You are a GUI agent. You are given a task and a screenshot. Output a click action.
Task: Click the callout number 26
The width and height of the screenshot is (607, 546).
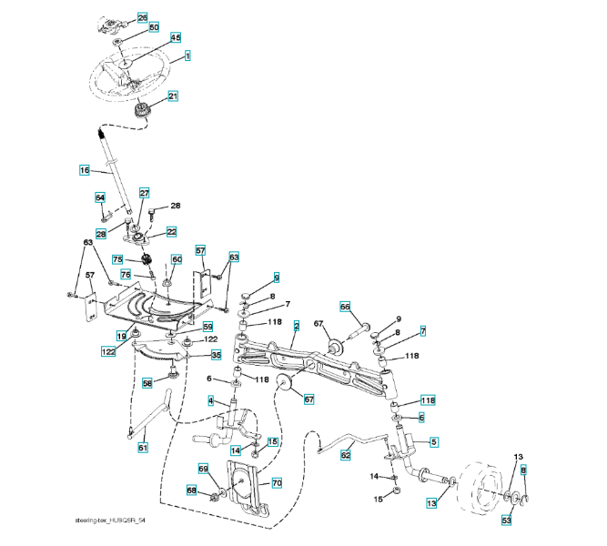pyautogui.click(x=142, y=17)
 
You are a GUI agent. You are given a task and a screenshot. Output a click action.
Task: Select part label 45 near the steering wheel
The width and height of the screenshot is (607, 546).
pyautogui.click(x=176, y=37)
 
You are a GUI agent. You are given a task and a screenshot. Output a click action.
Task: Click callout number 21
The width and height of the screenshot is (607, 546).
pyautogui.click(x=172, y=95)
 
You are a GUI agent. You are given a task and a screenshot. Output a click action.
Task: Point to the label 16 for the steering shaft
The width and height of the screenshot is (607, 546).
pyautogui.click(x=84, y=169)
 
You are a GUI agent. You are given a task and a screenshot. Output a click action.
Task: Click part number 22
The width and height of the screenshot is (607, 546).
pyautogui.click(x=171, y=232)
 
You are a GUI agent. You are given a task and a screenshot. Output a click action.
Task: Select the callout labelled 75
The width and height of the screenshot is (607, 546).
pyautogui.click(x=117, y=258)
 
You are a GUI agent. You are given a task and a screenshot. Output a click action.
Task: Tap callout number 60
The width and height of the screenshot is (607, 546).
pyautogui.click(x=177, y=259)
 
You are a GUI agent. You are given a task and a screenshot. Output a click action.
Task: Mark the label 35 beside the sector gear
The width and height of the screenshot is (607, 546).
pyautogui.click(x=216, y=354)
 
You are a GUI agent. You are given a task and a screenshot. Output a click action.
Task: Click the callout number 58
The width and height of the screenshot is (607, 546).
pyautogui.click(x=147, y=384)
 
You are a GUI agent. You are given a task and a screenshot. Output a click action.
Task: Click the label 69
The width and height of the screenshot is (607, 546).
pyautogui.click(x=204, y=468)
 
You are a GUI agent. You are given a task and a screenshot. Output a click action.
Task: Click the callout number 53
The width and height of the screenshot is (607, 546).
pyautogui.click(x=507, y=520)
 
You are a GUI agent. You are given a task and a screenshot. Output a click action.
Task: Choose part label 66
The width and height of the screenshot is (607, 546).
pyautogui.click(x=345, y=306)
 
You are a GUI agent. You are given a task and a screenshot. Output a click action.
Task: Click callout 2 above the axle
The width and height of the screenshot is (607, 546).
pyautogui.click(x=296, y=324)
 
